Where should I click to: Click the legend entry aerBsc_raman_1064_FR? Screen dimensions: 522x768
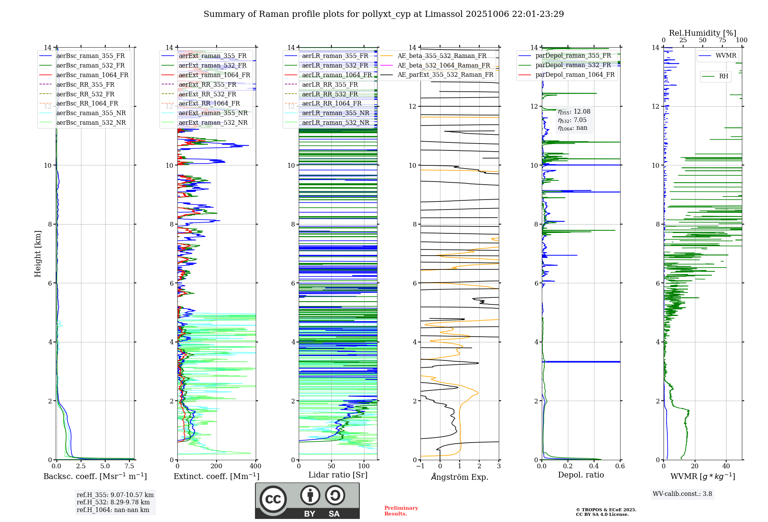pyautogui.click(x=92, y=75)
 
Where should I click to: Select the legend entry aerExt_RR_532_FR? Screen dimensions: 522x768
pyautogui.click(x=207, y=94)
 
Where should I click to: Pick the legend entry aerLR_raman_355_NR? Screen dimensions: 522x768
pyautogui.click(x=335, y=113)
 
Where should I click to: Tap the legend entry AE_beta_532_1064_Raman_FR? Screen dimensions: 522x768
pyautogui.click(x=444, y=65)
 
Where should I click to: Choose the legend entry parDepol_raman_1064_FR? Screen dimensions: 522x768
pyautogui.click(x=575, y=74)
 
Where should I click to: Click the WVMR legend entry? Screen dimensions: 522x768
pyautogui.click(x=726, y=56)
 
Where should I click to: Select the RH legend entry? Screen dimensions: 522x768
pyautogui.click(x=723, y=76)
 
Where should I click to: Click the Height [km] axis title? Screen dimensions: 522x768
pyautogui.click(x=38, y=254)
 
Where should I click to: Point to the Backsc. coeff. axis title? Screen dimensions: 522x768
pyautogui.click(x=95, y=476)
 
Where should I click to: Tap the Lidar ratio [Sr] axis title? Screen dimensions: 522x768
pyautogui.click(x=338, y=475)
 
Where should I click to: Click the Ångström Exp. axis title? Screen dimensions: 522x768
pyautogui.click(x=459, y=477)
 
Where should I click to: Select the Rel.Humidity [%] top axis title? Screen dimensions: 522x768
pyautogui.click(x=702, y=33)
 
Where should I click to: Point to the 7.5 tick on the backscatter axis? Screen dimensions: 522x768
pyautogui.click(x=129, y=466)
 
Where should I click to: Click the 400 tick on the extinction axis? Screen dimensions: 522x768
pyautogui.click(x=255, y=466)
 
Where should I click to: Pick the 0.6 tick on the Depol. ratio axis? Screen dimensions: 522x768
pyautogui.click(x=620, y=466)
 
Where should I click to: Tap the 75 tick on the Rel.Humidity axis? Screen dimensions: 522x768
pyautogui.click(x=722, y=40)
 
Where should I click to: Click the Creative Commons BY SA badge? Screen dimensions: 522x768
pyautogui.click(x=307, y=501)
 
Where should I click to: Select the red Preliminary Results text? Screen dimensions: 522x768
pyautogui.click(x=401, y=510)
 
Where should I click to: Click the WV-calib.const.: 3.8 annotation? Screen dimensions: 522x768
pyautogui.click(x=682, y=494)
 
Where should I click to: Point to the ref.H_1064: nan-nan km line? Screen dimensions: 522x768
pyautogui.click(x=113, y=510)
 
